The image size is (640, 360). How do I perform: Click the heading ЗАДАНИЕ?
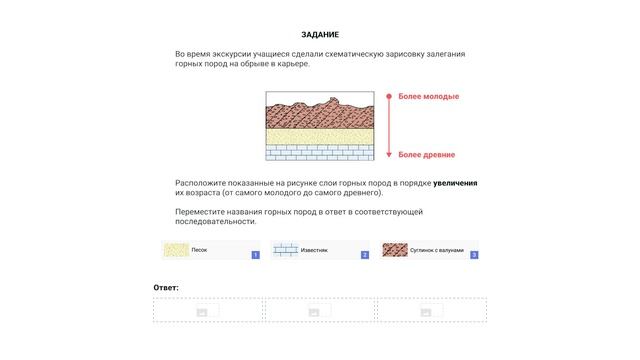(319, 35)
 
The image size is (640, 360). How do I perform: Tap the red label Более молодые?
(428, 96)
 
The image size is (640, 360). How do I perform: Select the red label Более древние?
(427, 155)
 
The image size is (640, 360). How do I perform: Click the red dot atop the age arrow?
(387, 95)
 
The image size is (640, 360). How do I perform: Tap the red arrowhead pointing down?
(387, 155)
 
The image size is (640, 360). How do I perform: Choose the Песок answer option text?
(200, 249)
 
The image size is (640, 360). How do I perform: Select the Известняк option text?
(315, 249)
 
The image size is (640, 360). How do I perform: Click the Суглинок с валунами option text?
(436, 249)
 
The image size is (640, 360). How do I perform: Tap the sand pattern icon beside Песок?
(177, 249)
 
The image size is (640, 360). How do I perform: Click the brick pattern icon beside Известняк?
(286, 249)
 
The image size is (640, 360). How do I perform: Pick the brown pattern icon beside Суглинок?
(395, 249)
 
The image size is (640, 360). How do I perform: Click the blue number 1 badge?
(256, 255)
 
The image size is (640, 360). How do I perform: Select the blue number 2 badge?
(365, 255)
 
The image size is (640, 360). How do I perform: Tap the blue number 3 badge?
(474, 255)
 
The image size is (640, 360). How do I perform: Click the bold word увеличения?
(455, 183)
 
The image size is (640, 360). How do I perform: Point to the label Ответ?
(166, 288)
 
